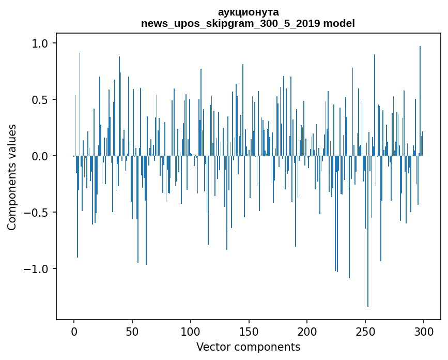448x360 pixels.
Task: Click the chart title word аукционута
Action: coord(248,12)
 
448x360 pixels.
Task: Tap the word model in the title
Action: coord(339,23)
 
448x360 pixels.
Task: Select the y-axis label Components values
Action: coord(12,177)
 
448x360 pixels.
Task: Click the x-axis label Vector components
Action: coord(248,347)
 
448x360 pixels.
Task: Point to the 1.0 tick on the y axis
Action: coord(40,43)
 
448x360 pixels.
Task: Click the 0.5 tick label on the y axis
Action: coord(40,99)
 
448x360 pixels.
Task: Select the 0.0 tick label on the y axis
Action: coord(40,156)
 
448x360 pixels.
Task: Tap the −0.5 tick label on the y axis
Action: coord(37,212)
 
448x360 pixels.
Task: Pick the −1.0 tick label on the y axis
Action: coord(37,268)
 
